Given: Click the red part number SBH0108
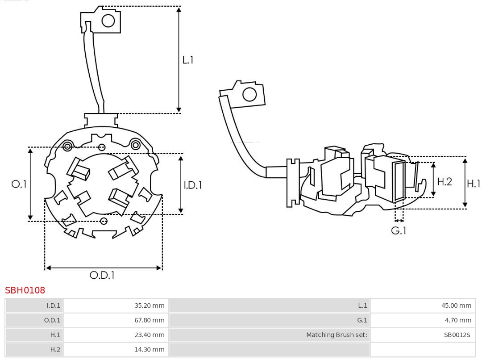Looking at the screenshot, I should tap(25, 290).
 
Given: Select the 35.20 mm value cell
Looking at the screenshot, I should tap(150, 306).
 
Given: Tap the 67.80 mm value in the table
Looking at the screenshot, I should tap(150, 320).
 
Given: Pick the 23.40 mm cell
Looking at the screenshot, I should tap(150, 335).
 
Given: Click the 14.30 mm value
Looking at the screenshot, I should tap(150, 349).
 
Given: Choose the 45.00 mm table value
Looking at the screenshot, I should tap(456, 306).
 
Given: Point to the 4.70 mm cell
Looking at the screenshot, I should tap(458, 320).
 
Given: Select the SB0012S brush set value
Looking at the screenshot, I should tap(457, 335).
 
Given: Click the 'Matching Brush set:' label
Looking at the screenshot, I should tap(337, 335).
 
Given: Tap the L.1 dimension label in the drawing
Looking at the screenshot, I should tap(188, 60).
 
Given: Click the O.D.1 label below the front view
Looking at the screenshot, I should tap(102, 275).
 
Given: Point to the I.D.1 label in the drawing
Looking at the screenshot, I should tap(193, 185).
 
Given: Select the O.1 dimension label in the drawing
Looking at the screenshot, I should tap(19, 184).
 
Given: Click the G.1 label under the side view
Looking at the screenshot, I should tap(399, 230).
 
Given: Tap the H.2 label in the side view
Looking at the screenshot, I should tap(445, 182).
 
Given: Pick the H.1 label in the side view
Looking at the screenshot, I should tap(474, 184).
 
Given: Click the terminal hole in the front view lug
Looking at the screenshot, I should tap(108, 21).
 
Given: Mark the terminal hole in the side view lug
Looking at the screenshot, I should tap(249, 95).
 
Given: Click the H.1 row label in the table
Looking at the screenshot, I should tap(55, 335).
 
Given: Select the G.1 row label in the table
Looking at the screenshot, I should tap(362, 320).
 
